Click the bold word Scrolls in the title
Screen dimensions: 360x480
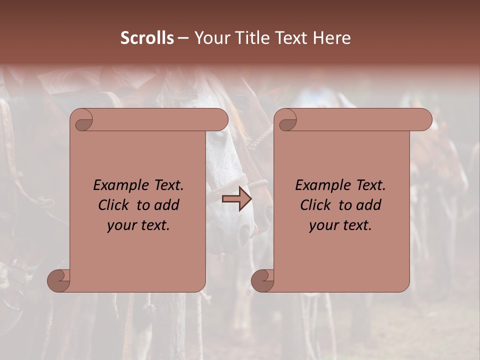(147, 38)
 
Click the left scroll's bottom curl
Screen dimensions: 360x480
(59, 280)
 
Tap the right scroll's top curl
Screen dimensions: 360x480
(286, 120)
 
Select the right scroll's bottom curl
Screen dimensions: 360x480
(263, 280)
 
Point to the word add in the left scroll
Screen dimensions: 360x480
(166, 205)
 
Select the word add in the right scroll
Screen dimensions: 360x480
(368, 205)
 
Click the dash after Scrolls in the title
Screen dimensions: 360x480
(183, 38)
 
